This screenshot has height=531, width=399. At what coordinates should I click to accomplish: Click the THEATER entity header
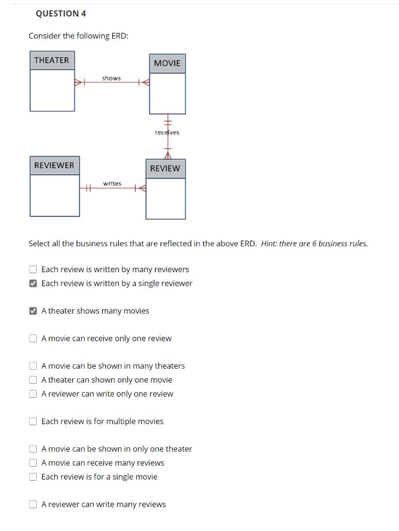52,60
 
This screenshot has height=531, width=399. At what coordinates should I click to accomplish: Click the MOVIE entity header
167,63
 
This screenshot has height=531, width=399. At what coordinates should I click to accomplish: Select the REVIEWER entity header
54,165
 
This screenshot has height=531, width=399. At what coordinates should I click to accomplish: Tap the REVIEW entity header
165,169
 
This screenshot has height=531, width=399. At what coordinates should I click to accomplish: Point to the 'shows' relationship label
111,78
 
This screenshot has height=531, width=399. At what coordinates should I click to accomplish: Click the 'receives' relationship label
167,132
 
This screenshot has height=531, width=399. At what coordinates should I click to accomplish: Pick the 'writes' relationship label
112,184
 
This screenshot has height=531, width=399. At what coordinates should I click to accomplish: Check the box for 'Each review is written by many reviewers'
33,270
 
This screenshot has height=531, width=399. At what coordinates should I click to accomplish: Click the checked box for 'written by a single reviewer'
33,284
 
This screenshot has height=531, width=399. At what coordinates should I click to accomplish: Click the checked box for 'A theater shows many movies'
33,311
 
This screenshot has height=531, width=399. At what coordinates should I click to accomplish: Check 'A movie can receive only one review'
33,339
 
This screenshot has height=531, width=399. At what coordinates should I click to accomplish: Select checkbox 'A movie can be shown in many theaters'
33,366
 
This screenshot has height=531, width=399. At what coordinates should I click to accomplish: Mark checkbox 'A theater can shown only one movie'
33,380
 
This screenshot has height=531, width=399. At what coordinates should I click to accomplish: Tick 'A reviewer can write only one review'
33,394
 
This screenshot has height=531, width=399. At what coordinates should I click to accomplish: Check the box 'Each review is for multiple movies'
33,422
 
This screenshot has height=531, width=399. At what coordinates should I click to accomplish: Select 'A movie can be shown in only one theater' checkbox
33,449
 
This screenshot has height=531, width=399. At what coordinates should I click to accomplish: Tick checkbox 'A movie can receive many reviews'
33,463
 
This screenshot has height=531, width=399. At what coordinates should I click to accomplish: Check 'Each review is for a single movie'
33,477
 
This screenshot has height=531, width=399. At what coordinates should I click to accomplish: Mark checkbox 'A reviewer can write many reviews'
33,505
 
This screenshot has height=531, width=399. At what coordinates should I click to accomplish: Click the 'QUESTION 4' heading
61,13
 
